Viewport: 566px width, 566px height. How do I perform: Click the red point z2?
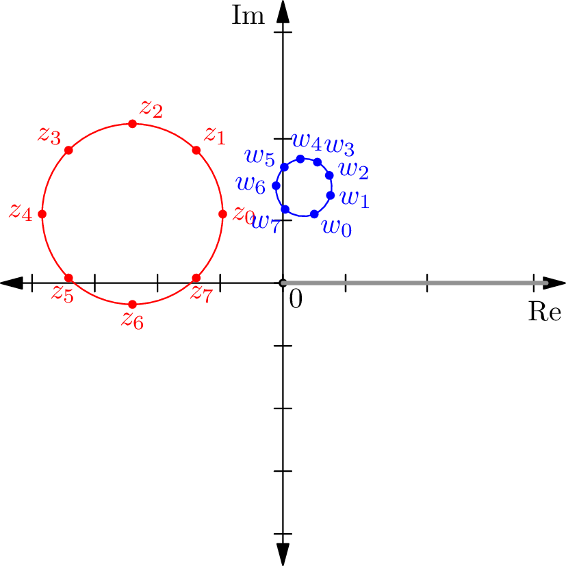click(x=132, y=123)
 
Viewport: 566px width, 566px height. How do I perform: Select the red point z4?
click(x=42, y=214)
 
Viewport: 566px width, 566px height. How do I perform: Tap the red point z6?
click(x=132, y=304)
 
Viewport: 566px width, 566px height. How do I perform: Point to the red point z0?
click(x=222, y=214)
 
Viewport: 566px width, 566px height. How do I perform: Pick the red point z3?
click(x=68, y=150)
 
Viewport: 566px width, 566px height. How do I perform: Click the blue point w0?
click(x=314, y=214)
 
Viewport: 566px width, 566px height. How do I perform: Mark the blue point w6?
click(x=276, y=185)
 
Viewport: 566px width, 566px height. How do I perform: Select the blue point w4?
click(x=300, y=159)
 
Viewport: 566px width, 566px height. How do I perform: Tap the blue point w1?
click(x=330, y=195)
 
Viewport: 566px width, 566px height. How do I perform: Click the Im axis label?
click(x=248, y=15)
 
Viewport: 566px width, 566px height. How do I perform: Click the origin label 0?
click(x=296, y=298)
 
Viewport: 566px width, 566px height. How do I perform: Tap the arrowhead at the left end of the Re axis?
click(x=12, y=283)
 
